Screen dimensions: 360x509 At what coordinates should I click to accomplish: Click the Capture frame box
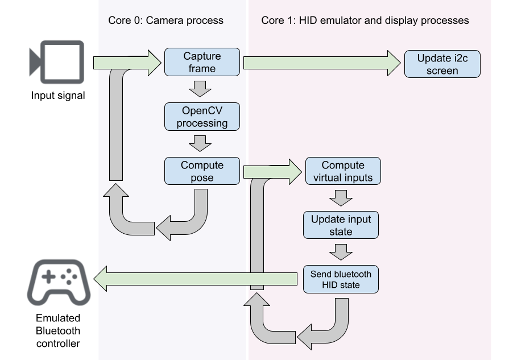[202, 63]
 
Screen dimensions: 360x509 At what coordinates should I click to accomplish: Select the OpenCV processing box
[202, 117]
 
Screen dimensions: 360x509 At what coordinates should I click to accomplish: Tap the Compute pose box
[202, 171]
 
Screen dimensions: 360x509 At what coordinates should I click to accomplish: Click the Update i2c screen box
[442, 64]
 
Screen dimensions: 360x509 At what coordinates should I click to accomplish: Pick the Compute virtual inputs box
[343, 171]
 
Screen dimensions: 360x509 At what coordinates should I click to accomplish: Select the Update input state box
[340, 225]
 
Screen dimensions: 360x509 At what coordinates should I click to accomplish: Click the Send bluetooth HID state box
[340, 279]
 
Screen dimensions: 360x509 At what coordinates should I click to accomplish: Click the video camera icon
[57, 62]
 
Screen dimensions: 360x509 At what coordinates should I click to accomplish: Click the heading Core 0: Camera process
[165, 20]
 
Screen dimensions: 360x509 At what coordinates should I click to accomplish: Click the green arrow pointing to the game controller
[196, 279]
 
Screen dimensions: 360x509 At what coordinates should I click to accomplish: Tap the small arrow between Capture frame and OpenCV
[200, 89]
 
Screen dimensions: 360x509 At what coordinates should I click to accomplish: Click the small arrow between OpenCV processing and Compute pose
[200, 143]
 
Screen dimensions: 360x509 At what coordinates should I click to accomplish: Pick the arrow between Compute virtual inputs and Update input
[341, 198]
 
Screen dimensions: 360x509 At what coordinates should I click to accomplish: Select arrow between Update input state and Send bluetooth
[341, 252]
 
